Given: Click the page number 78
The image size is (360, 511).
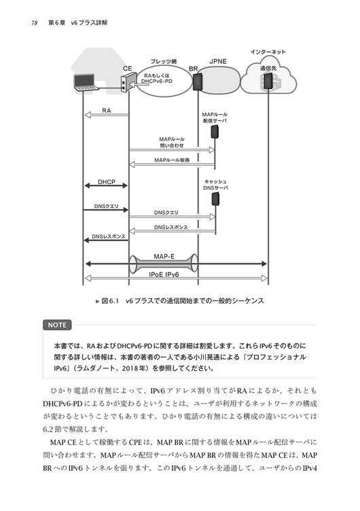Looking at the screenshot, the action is coord(34,23).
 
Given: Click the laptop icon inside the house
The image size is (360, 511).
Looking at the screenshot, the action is coord(86,82).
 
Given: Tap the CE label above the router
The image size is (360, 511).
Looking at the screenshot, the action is coord(128,69).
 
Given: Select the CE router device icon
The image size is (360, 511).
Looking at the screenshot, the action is coord(128,83).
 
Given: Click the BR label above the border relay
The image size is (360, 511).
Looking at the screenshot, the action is coord(194,69).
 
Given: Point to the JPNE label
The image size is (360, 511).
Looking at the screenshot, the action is coord(218,61).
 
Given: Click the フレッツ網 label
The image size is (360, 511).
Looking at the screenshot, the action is coord(164,61).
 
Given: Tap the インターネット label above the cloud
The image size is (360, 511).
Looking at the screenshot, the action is coord(268,52).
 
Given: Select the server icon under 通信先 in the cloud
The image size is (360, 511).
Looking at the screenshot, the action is coord(268,81).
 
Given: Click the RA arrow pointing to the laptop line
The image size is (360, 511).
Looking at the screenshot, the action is coord(107,115).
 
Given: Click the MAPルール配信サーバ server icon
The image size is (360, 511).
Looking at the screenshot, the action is coord(215,132).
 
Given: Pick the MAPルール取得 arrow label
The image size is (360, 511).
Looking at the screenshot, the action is coord(172,160).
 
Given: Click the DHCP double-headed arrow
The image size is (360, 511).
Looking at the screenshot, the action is coord(106,186).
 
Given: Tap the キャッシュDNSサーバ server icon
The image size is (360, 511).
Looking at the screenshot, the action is coord(215,199).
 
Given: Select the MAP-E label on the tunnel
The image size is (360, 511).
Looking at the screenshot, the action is coord(164,256).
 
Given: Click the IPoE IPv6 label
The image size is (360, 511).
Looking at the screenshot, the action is coord(164,275).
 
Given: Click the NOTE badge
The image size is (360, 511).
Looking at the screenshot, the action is coord(57,325).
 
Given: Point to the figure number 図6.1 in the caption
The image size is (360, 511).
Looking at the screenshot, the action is coord(110,301).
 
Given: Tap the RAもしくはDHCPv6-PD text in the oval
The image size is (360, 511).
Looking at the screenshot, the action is coord(157,78).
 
